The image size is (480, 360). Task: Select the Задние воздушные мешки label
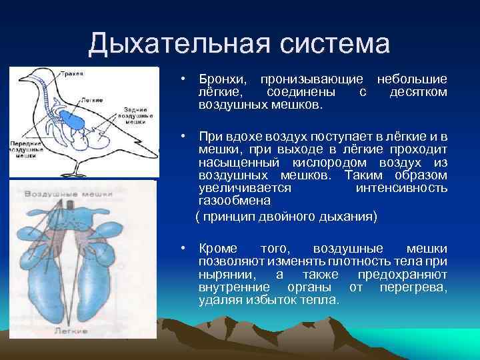(141, 115)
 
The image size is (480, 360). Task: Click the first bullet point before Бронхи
(181, 80)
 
